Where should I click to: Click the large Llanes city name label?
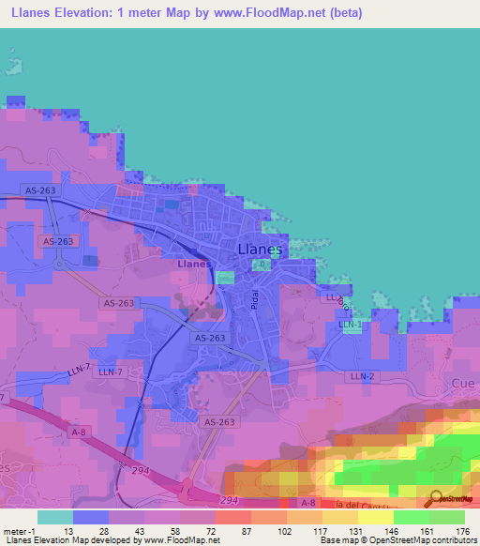tap(259, 249)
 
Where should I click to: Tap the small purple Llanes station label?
tap(193, 264)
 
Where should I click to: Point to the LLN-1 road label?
tap(350, 324)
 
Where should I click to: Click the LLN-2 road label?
tap(361, 376)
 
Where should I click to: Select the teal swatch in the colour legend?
tap(55, 517)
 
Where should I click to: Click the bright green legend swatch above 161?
tap(411, 517)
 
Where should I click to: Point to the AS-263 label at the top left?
tap(40, 190)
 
